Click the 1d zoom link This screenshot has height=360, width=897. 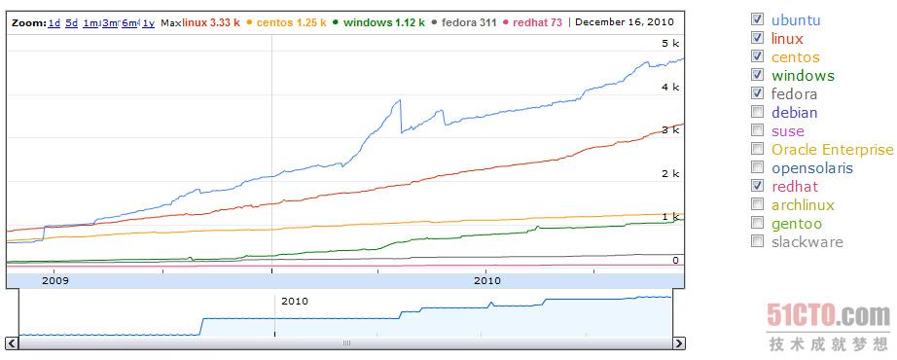point(54,22)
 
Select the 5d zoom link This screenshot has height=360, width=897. point(72,22)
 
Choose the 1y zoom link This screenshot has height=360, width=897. point(148,22)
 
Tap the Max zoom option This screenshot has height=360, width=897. point(170,22)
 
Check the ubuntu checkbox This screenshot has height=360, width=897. point(758,18)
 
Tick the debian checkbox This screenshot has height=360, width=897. point(758,113)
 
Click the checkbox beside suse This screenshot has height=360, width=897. point(758,131)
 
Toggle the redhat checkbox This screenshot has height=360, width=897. point(758,187)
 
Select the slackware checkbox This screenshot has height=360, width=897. point(758,242)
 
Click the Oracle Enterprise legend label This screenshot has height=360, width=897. point(832,150)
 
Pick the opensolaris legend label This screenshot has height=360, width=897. point(811,168)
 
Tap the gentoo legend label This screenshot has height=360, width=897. point(796,224)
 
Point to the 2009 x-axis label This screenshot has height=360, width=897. point(54,280)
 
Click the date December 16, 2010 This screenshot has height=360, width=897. point(623,22)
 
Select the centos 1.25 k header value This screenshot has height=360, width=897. point(290,22)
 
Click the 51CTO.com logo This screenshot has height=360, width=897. point(828,316)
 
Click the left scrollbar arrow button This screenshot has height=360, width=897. point(12,343)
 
